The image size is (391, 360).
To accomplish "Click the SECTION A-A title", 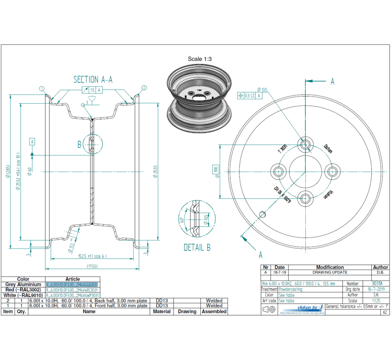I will point(93,79).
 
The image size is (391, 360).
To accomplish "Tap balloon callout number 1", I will point(42,88).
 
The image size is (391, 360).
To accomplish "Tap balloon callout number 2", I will point(144,88).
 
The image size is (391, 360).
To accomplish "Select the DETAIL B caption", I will point(197,248).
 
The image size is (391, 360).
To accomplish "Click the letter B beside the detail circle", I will point(80,144).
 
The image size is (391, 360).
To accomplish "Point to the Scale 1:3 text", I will point(201,59).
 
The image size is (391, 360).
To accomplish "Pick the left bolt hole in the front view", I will point(278,171).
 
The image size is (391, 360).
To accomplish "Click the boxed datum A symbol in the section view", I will point(32,141).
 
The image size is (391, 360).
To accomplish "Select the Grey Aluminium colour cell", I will point(23,284).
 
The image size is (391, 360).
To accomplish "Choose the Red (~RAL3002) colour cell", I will point(23,290).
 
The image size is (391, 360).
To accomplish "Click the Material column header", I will point(162,311).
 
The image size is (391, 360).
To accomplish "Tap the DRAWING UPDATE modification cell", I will point(330,273).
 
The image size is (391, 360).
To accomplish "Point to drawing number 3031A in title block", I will point(377,284).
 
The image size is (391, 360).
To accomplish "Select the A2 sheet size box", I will point(385,312).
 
